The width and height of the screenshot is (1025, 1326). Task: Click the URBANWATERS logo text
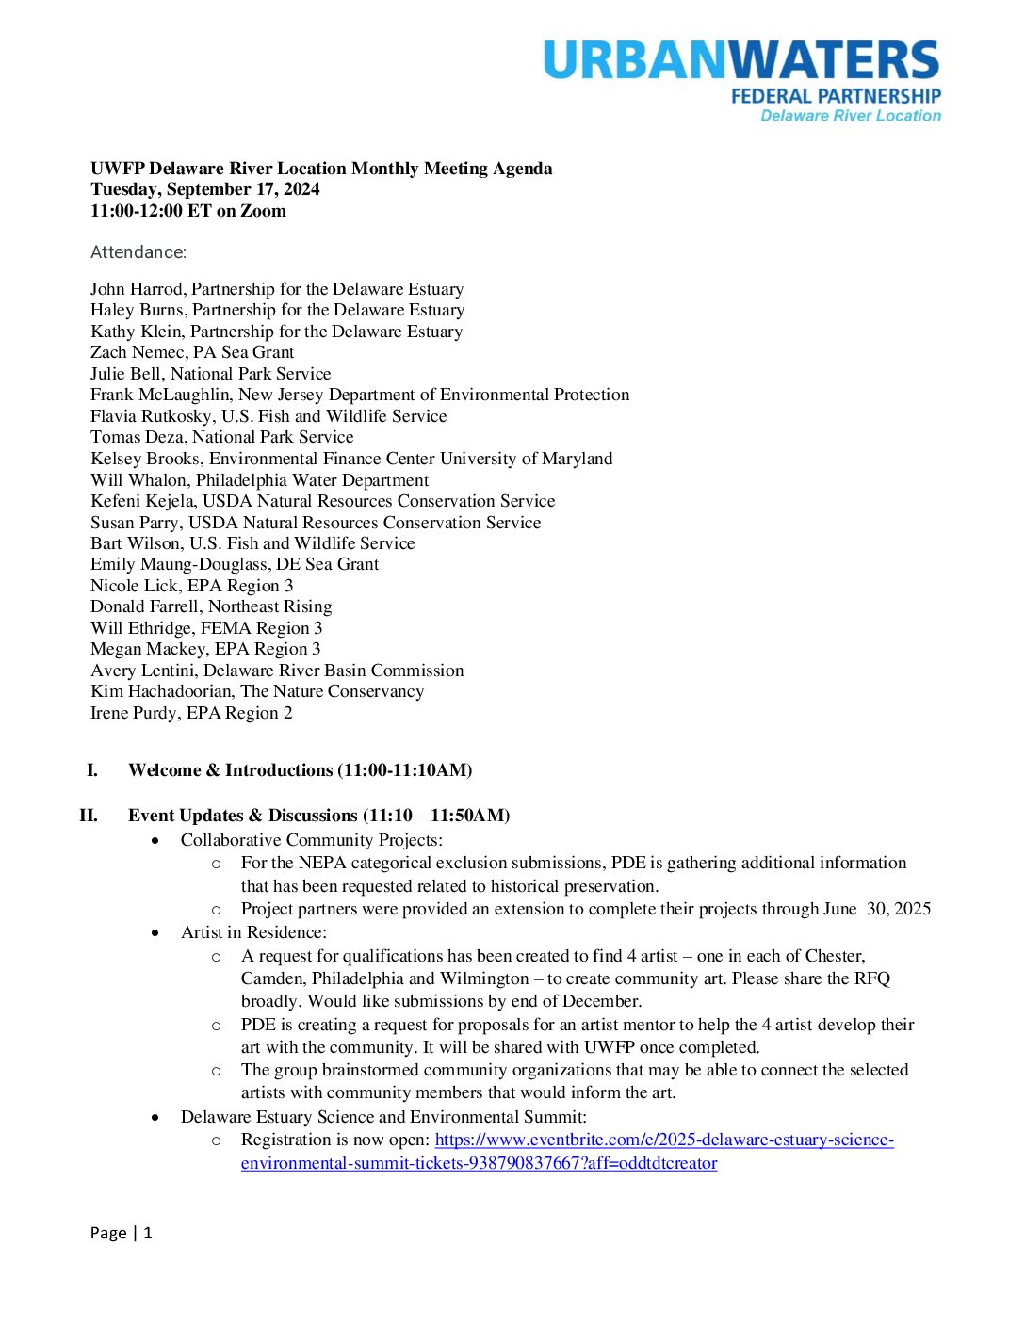click(x=741, y=60)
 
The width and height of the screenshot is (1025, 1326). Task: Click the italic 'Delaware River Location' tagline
click(x=851, y=116)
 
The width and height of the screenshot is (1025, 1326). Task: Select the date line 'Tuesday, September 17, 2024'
click(x=204, y=189)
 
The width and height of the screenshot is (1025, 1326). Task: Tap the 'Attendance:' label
click(x=138, y=252)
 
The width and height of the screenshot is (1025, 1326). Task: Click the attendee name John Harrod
click(x=138, y=289)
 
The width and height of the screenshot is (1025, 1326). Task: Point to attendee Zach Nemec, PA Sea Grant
click(x=192, y=352)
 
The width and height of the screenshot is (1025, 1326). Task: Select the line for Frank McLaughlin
click(x=360, y=395)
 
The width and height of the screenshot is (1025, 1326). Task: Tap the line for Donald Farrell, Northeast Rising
click(x=211, y=606)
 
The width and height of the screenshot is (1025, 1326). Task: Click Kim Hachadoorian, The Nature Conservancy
click(x=257, y=691)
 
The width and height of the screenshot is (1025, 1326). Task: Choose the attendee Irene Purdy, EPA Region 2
click(x=191, y=713)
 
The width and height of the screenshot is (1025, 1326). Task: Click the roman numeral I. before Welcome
click(x=92, y=770)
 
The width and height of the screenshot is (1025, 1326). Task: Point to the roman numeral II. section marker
click(x=89, y=816)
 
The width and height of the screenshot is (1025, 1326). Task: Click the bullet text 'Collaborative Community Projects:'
click(x=312, y=840)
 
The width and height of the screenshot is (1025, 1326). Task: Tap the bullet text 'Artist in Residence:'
click(x=253, y=932)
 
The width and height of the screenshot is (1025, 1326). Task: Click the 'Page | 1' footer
click(x=121, y=1233)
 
